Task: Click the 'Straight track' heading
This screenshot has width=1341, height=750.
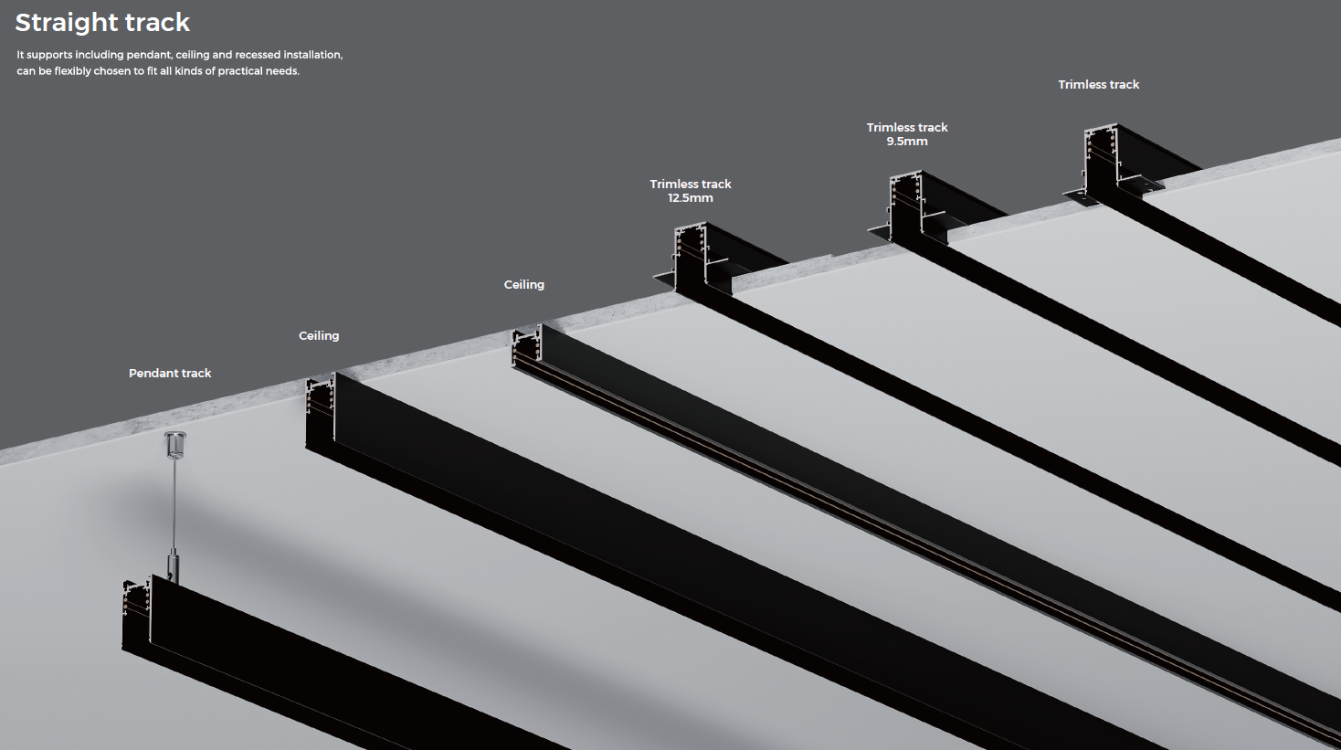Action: coord(102,22)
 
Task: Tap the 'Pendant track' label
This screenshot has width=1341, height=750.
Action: coord(170,373)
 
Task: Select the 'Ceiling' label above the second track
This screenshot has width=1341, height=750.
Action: coord(319,335)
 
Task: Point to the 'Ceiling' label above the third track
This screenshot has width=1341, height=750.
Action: coord(524,284)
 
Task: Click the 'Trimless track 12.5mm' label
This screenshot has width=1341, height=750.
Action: coord(691,190)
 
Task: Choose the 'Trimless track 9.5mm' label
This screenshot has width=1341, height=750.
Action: coord(907,133)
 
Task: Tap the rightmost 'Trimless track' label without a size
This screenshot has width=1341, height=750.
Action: coord(1098,84)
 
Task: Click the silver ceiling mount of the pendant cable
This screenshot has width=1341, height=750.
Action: coord(174,444)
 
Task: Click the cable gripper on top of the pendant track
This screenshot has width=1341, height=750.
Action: coord(172,563)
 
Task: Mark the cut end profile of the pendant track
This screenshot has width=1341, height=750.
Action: coord(137,613)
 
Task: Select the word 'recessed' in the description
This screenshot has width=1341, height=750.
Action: coord(260,55)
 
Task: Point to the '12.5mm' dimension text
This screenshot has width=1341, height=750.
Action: coord(691,197)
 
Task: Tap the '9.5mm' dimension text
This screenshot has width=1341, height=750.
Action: coord(907,142)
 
